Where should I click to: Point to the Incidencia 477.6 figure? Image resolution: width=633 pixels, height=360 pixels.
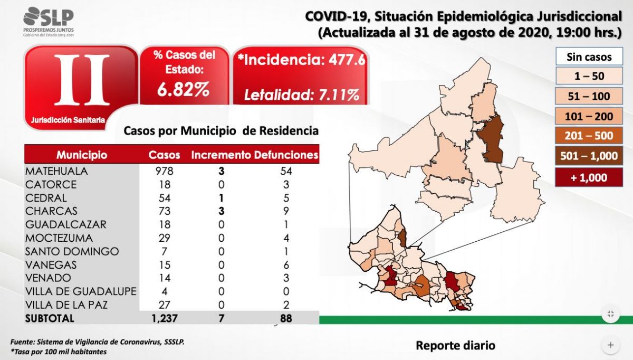click(x=301, y=60)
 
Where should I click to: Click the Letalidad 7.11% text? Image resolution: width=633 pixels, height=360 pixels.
click(x=301, y=96)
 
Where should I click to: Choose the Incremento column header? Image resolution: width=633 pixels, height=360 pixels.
click(x=221, y=155)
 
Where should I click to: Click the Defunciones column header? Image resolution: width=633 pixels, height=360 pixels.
click(x=286, y=155)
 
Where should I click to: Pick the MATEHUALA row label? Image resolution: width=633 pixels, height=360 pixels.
click(x=56, y=171)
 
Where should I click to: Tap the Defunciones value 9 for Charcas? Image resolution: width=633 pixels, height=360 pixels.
click(x=287, y=211)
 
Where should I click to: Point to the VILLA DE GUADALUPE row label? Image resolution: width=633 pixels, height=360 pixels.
click(x=81, y=291)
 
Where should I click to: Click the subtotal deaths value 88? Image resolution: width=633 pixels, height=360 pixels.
click(x=285, y=318)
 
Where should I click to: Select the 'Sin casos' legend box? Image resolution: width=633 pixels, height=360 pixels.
click(x=589, y=56)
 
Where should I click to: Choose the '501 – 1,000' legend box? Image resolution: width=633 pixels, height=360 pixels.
click(x=589, y=155)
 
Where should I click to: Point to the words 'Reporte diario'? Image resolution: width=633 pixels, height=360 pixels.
click(x=455, y=346)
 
